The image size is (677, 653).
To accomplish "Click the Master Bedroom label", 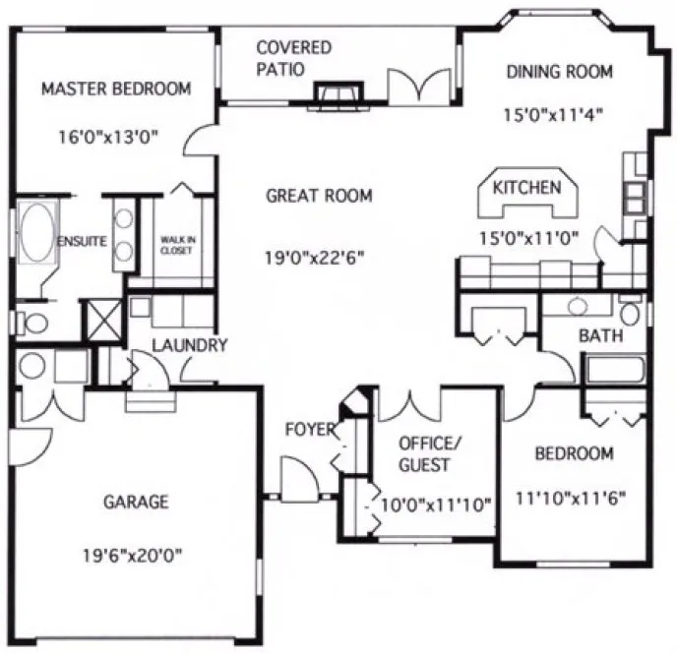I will pyautogui.click(x=116, y=89).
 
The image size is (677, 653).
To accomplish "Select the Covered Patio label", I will pyautogui.click(x=293, y=58).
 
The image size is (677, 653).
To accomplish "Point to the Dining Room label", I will pyautogui.click(x=559, y=72).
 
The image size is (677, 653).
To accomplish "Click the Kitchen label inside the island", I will pyautogui.click(x=526, y=188).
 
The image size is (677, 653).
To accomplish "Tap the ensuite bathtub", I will pyautogui.click(x=36, y=233).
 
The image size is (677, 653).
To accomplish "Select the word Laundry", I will pyautogui.click(x=190, y=345).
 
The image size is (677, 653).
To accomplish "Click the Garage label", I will pyautogui.click(x=136, y=503).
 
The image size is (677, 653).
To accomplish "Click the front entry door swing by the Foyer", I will pyautogui.click(x=298, y=479).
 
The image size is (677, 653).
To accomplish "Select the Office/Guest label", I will pyautogui.click(x=424, y=453).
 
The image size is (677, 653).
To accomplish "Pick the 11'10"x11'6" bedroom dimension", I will pyautogui.click(x=573, y=497).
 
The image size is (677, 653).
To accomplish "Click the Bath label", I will pyautogui.click(x=600, y=335).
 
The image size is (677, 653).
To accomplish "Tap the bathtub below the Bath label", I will pyautogui.click(x=612, y=371).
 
